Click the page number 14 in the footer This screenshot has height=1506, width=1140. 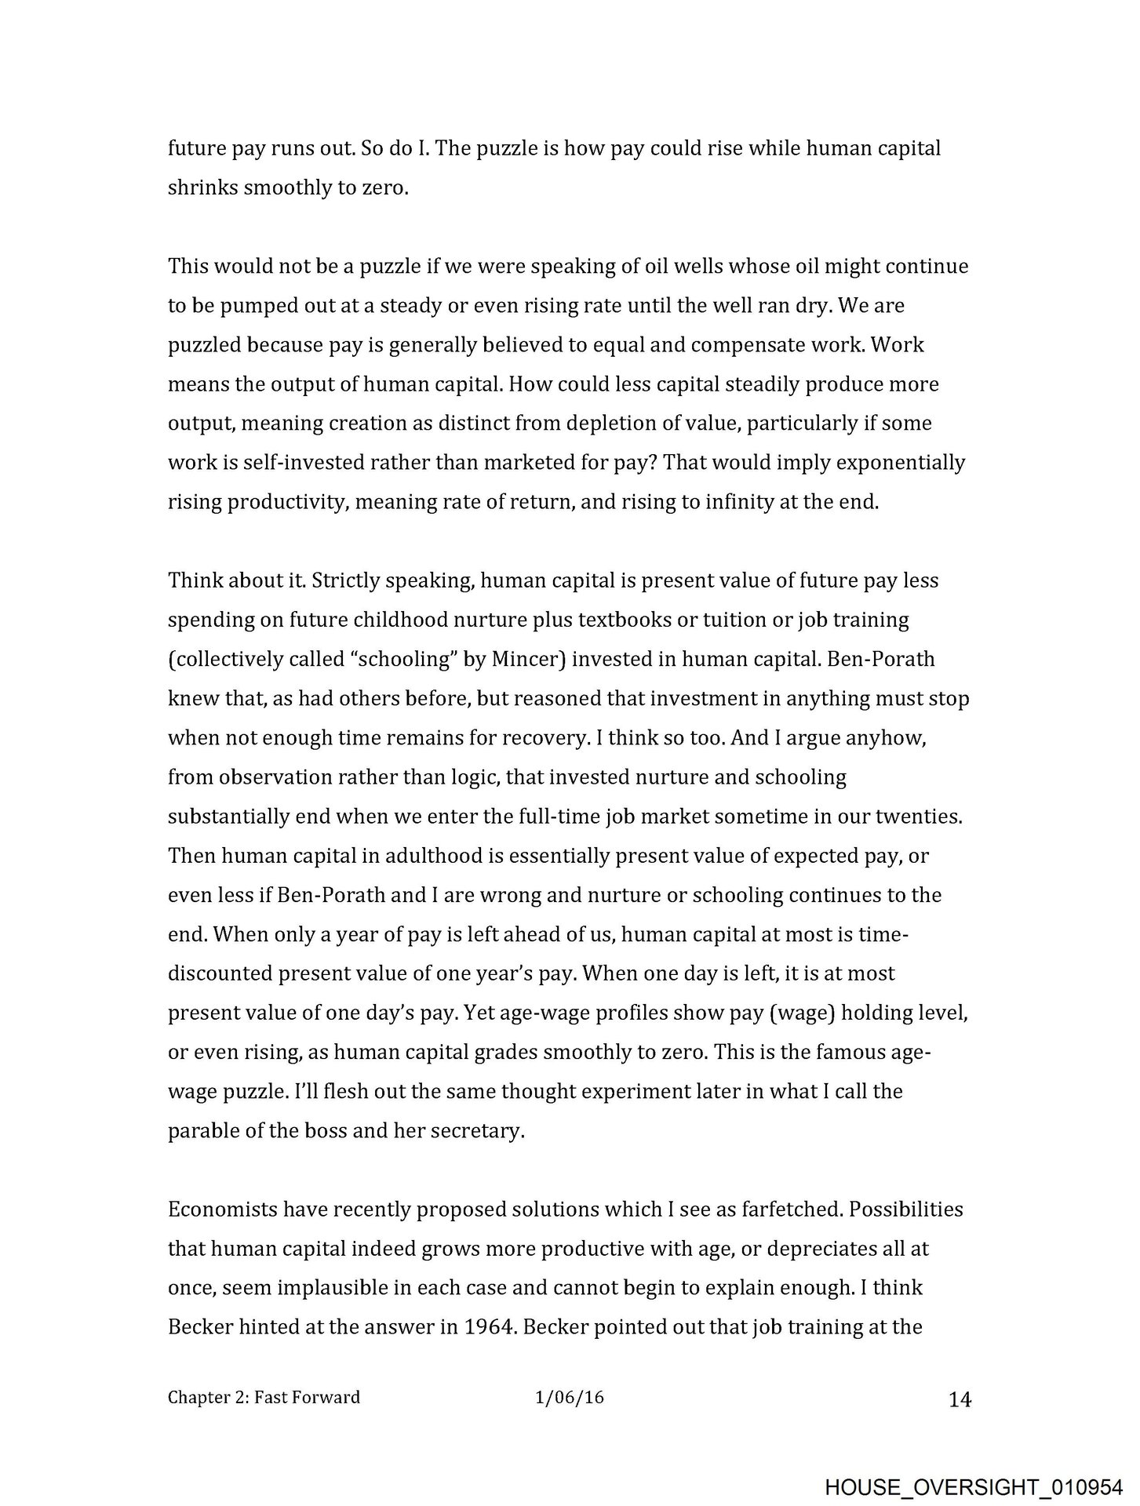(960, 1399)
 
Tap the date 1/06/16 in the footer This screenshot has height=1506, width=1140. (569, 1397)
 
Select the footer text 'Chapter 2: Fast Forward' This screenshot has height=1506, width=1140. (264, 1397)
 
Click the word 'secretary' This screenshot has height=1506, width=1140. (476, 1131)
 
